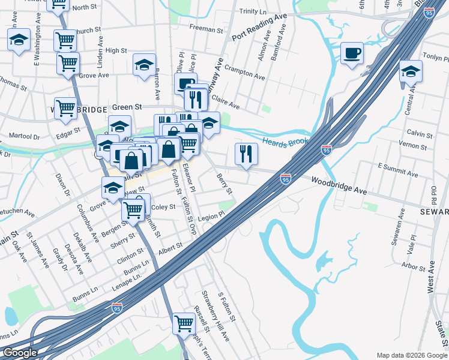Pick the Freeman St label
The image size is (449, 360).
coord(206,27)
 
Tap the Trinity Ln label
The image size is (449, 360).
coord(252,11)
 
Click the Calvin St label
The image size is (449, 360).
coord(420,134)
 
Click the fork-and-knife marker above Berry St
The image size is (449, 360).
coord(246,154)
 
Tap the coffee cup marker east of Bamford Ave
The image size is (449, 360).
coord(352,53)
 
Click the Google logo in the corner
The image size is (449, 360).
coord(20,353)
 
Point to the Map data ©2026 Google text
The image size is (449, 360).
coord(411,355)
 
